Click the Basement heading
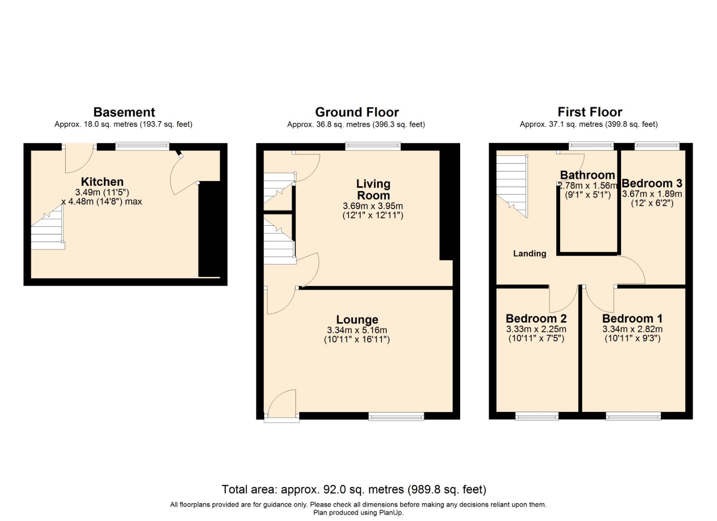[x=124, y=112]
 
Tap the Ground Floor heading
[x=357, y=112]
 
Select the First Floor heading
[x=590, y=112]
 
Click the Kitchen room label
[x=102, y=182]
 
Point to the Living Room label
[x=373, y=190]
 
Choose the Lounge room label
[x=357, y=319]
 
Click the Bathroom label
[x=587, y=175]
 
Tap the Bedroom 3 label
[x=652, y=183]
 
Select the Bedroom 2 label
[x=536, y=318]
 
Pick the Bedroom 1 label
[x=632, y=318]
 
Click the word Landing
[x=529, y=254]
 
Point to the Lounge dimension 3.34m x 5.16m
[x=357, y=330]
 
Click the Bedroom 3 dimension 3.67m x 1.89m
[x=652, y=194]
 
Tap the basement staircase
[x=48, y=229]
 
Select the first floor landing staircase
[x=512, y=186]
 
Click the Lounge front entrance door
[x=281, y=405]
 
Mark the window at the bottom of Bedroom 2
[x=537, y=416]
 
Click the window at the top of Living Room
[x=373, y=146]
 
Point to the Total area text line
[x=354, y=490]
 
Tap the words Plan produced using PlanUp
[x=358, y=513]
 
